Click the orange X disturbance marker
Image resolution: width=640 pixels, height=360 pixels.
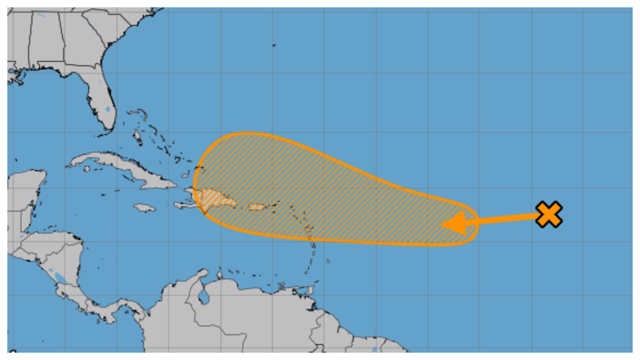pos(549,214)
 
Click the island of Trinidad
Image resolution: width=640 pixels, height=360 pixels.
pos(308,289)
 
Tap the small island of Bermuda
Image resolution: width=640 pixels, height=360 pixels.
pos(274,45)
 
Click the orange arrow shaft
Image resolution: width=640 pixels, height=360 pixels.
pos(505,219)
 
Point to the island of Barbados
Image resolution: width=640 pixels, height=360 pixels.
pos(328,260)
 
